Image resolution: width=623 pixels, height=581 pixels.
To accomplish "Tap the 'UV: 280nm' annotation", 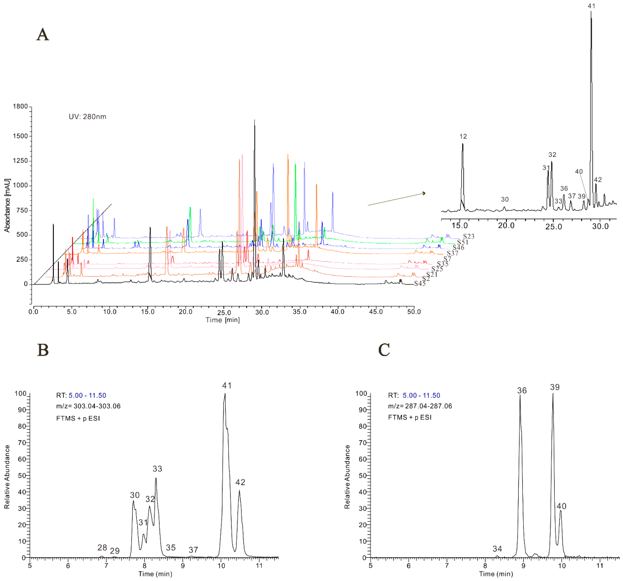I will (x=87, y=117).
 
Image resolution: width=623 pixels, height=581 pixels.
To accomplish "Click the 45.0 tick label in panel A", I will (x=376, y=312).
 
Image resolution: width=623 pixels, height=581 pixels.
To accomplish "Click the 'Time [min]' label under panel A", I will (x=223, y=320).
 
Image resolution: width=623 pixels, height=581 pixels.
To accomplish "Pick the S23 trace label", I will (x=469, y=236).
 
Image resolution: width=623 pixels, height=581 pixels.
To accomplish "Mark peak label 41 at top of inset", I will (x=591, y=6).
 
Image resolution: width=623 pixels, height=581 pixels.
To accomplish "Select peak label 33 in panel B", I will (x=157, y=469).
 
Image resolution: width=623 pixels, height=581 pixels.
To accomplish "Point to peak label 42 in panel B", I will (x=240, y=482).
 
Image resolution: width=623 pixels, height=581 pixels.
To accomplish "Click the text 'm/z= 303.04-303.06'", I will (x=88, y=406).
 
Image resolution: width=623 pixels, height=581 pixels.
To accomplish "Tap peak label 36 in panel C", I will (x=522, y=390).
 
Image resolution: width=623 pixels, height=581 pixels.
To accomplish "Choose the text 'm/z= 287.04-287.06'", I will (x=420, y=406).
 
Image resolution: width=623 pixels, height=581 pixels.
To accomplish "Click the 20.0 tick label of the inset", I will (x=506, y=226).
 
